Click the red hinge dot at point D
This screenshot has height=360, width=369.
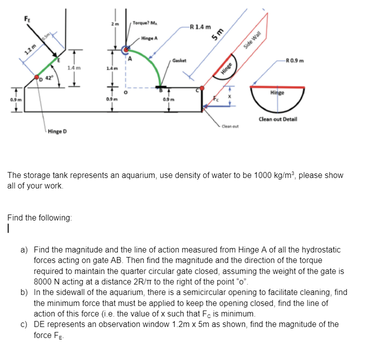click(36, 77)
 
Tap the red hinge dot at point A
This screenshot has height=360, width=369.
click(126, 49)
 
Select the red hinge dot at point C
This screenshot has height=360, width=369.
click(202, 88)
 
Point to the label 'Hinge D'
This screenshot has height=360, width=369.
click(57, 131)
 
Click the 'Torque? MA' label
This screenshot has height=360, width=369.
click(145, 23)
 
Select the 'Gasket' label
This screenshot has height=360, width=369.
click(179, 60)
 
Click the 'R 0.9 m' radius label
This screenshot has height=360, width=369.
click(294, 60)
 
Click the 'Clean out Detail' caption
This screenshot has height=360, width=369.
click(278, 119)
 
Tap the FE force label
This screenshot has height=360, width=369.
click(27, 19)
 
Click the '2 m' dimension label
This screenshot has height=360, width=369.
click(115, 24)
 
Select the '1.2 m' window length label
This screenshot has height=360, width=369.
click(30, 49)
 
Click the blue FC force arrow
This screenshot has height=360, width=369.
click(216, 106)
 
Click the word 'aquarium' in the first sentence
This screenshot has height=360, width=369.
click(137, 175)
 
